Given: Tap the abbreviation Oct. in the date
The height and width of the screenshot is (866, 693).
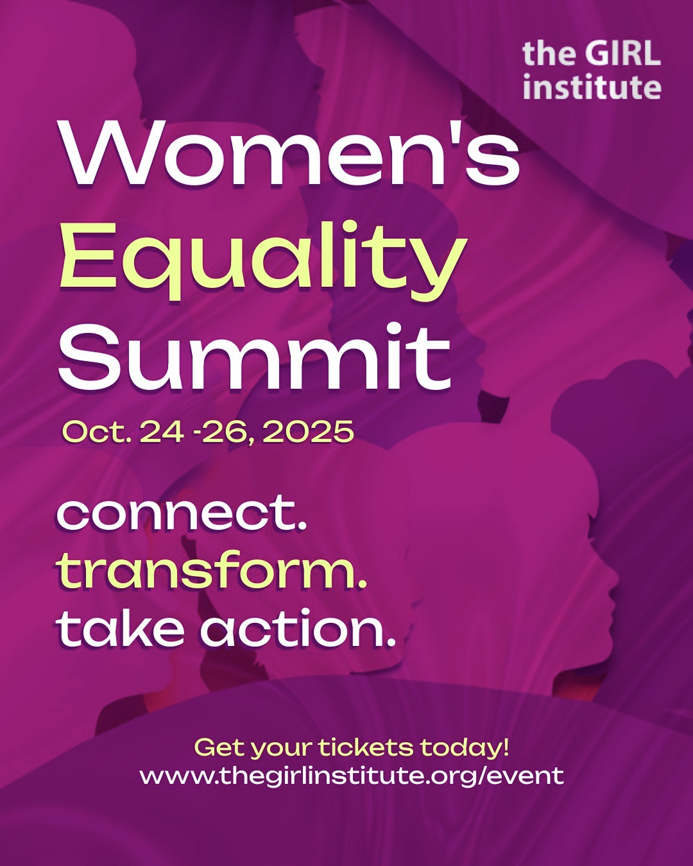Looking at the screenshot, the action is coord(97,432).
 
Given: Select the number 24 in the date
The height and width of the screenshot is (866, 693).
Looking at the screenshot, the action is coord(162,432).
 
